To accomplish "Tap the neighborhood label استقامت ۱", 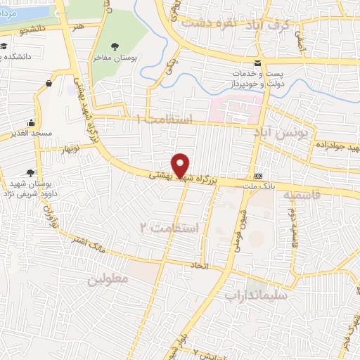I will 166,119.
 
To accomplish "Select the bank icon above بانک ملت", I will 259,175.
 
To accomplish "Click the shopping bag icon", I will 49,84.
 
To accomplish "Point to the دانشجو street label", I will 34,30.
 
